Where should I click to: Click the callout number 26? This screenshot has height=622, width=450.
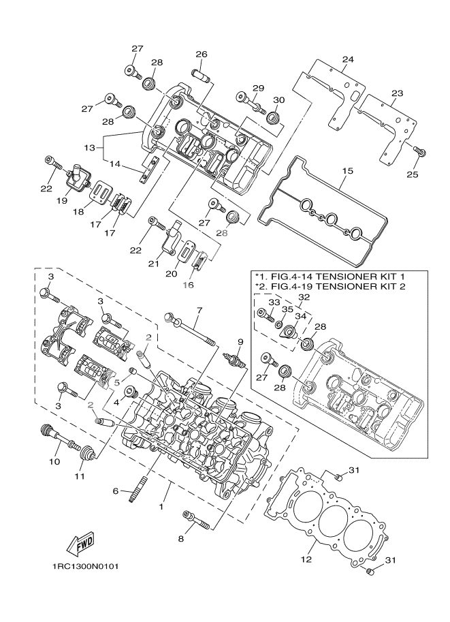point(202,55)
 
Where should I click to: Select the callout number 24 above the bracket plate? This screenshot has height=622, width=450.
point(347,59)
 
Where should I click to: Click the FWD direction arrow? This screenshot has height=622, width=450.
point(80,543)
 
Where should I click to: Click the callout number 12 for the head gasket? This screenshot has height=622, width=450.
point(306,560)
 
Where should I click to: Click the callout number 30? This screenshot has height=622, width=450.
point(278,99)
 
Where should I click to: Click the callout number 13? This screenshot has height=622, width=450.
point(89,147)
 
